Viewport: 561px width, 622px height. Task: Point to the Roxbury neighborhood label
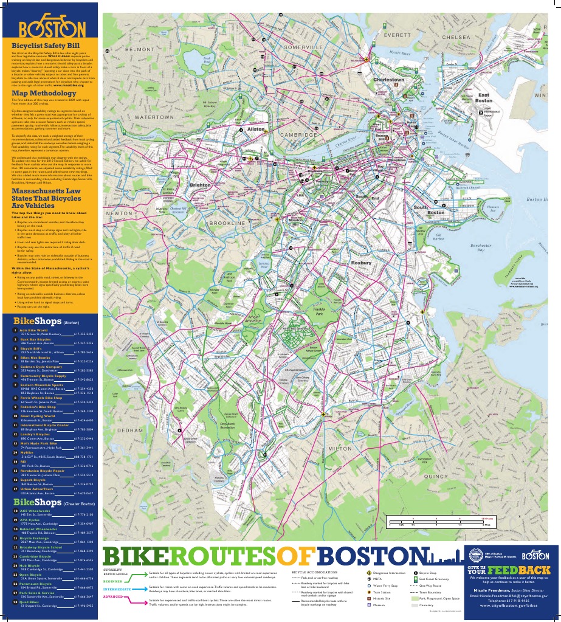point(361,263)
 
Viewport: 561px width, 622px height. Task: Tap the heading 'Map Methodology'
point(38,93)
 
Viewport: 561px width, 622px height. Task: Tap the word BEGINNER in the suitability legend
point(116,581)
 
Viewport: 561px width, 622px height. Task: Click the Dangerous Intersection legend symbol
point(369,573)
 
